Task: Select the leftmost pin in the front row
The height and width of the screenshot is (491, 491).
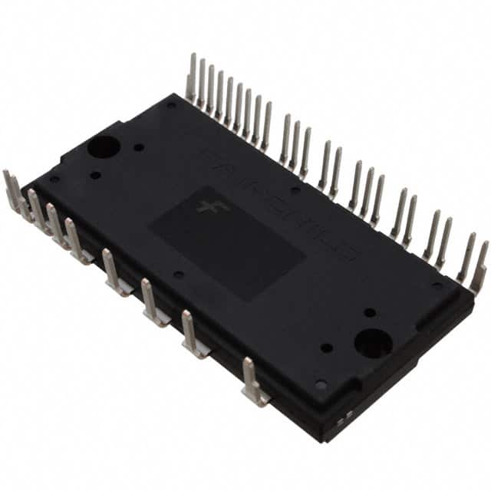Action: (x=11, y=189)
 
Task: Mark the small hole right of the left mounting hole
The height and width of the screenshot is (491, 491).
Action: (x=138, y=147)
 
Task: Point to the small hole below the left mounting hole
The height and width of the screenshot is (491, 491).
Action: (x=95, y=175)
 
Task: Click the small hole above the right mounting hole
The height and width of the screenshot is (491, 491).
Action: (x=370, y=312)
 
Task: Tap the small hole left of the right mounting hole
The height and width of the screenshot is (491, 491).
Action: (x=327, y=348)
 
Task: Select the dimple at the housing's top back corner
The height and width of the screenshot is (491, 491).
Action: (x=170, y=105)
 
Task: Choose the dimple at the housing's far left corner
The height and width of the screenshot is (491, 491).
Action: (x=54, y=180)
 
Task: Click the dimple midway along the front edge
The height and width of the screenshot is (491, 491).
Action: (x=179, y=274)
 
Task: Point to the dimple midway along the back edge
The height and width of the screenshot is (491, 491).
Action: (x=295, y=189)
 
